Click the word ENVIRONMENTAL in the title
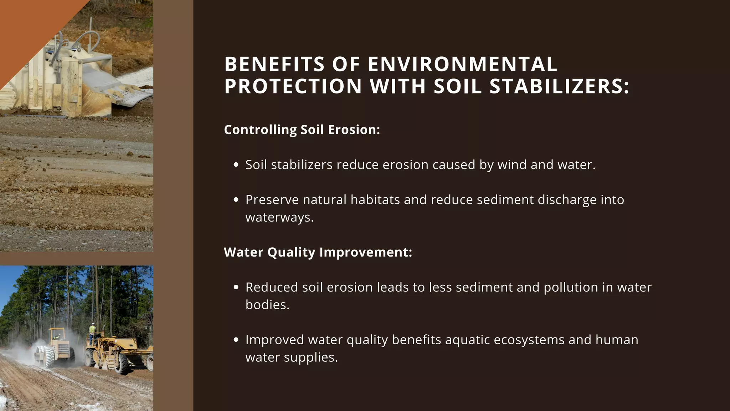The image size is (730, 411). [x=462, y=64]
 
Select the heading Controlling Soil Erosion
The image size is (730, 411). [x=302, y=130]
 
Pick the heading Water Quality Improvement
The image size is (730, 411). [x=318, y=252]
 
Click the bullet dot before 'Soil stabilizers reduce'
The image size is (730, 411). [x=236, y=165]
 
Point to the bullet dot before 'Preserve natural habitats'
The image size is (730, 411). [x=236, y=200]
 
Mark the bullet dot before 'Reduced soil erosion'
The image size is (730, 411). [x=236, y=287]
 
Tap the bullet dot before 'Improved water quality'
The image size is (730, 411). [x=236, y=340]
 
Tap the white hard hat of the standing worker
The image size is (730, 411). [x=93, y=324]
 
